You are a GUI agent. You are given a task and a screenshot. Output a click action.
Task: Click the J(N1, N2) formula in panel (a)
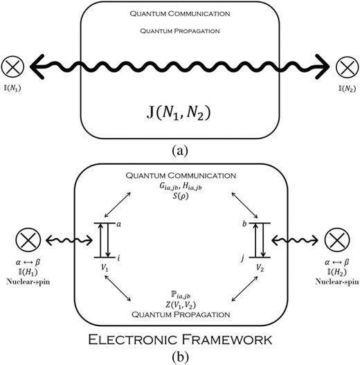181,107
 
